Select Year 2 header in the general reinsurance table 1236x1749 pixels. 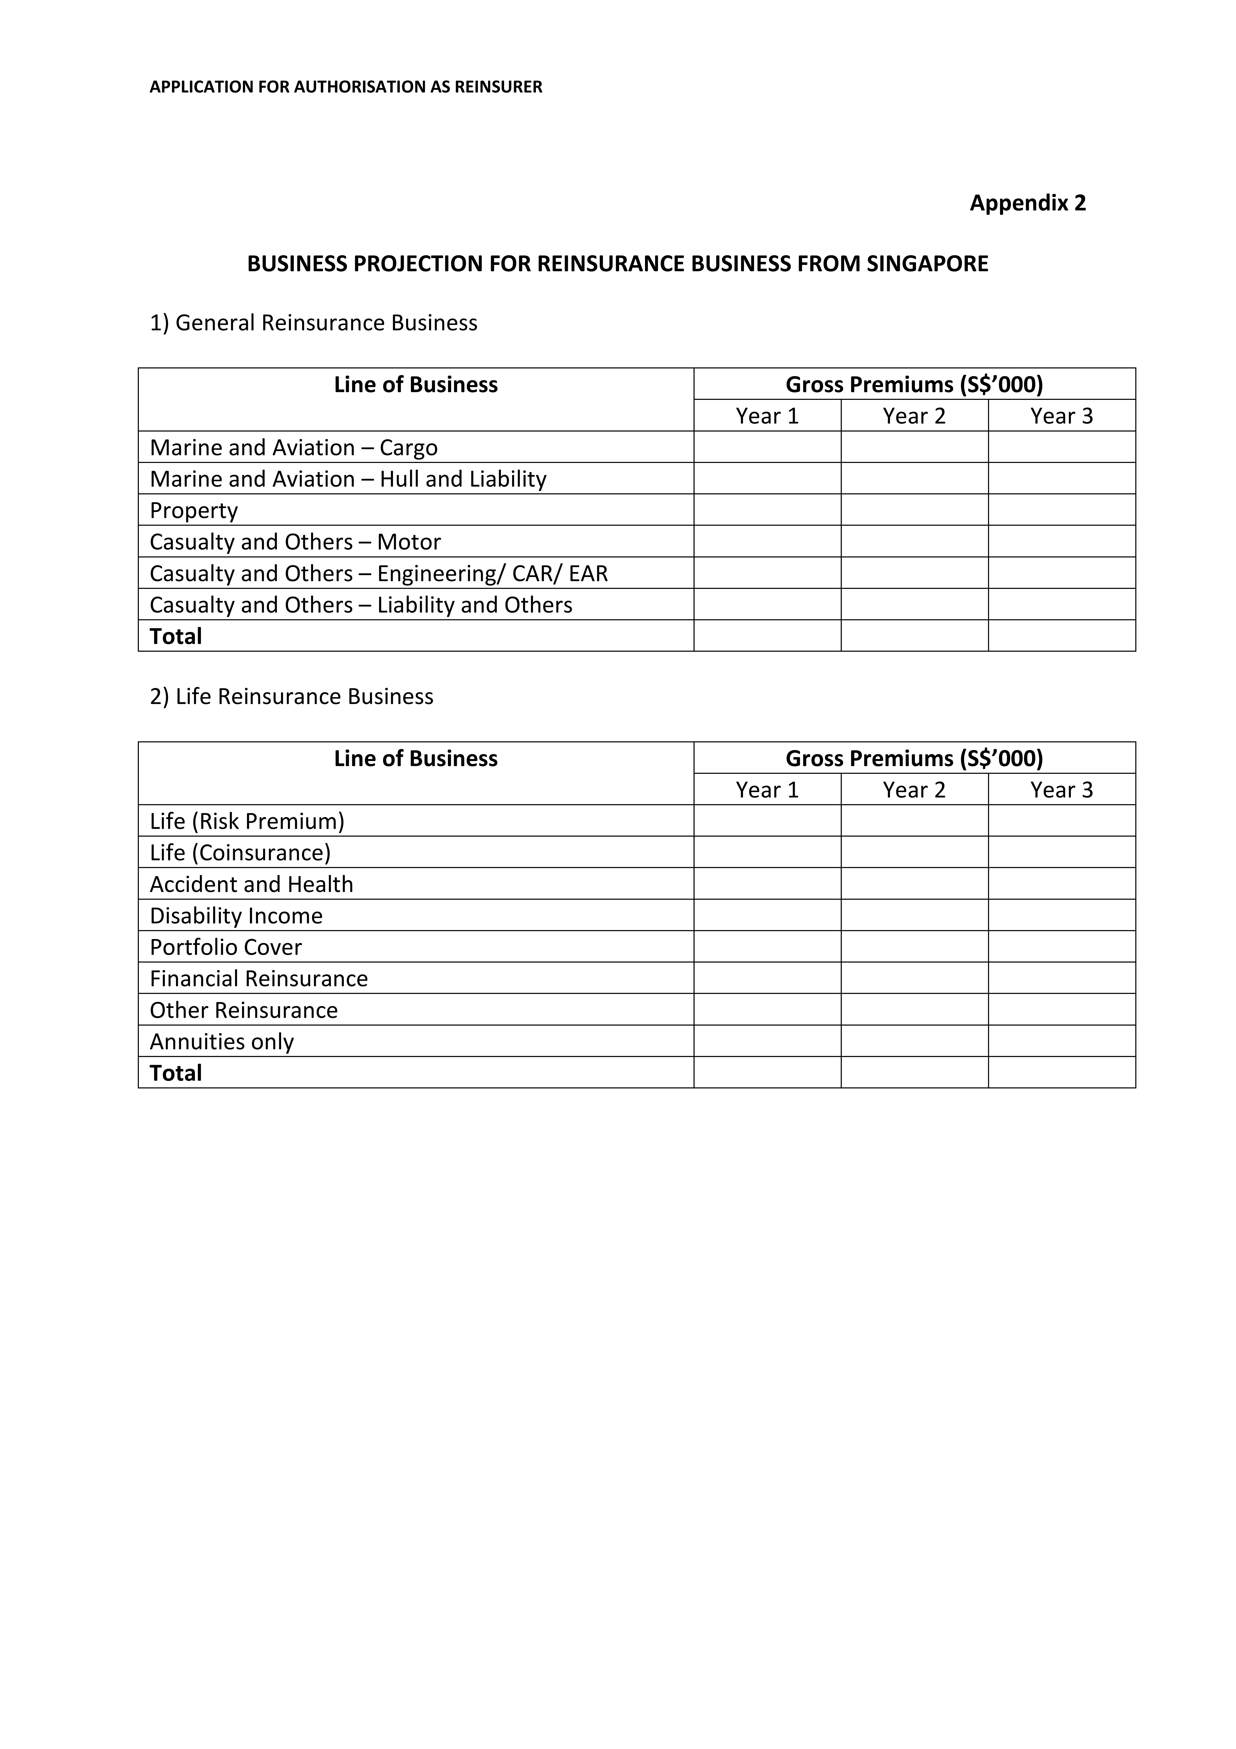[914, 416]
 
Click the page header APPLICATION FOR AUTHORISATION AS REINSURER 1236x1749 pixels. [346, 87]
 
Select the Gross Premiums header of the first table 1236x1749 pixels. [914, 385]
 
